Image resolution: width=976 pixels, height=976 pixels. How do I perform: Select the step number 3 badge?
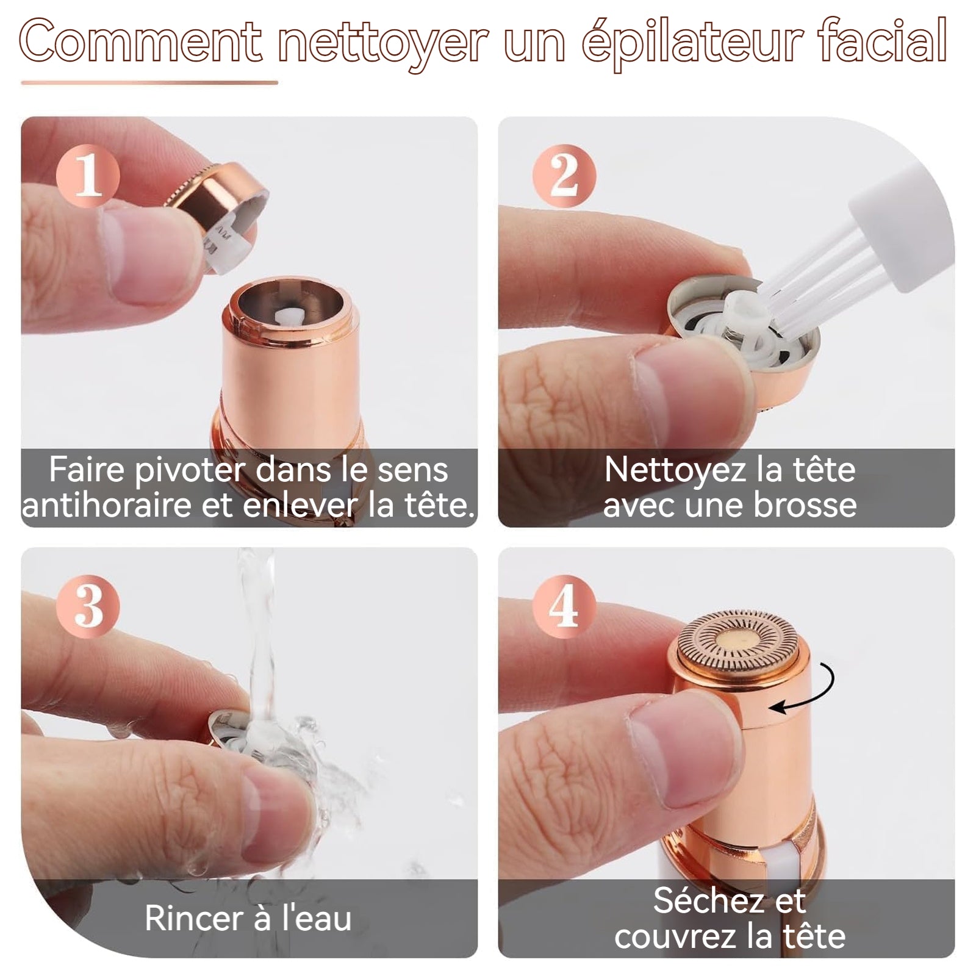[88, 605]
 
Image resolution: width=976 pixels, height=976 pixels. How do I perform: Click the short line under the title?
[149, 82]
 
